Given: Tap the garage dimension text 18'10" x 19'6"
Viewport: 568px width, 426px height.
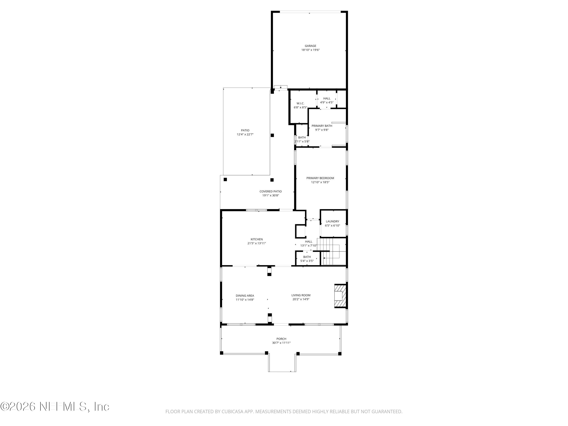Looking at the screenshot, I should pyautogui.click(x=311, y=50).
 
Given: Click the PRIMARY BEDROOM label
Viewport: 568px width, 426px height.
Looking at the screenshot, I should pyautogui.click(x=320, y=178).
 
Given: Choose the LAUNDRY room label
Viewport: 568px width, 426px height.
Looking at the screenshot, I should pyautogui.click(x=332, y=222).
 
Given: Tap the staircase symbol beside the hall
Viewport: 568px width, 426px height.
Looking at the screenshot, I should pyautogui.click(x=331, y=252).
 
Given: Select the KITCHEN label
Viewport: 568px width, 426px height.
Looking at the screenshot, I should pyautogui.click(x=257, y=239).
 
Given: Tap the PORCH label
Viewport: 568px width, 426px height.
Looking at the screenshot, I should pyautogui.click(x=281, y=339).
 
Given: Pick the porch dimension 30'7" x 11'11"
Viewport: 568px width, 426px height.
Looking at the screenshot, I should pyautogui.click(x=281, y=343).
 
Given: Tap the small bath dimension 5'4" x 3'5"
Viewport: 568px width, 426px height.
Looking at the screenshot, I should pyautogui.click(x=307, y=261).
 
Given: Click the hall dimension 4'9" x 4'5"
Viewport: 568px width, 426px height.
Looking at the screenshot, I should pyautogui.click(x=327, y=102).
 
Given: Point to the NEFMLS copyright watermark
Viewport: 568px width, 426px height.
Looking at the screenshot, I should pyautogui.click(x=55, y=406).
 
